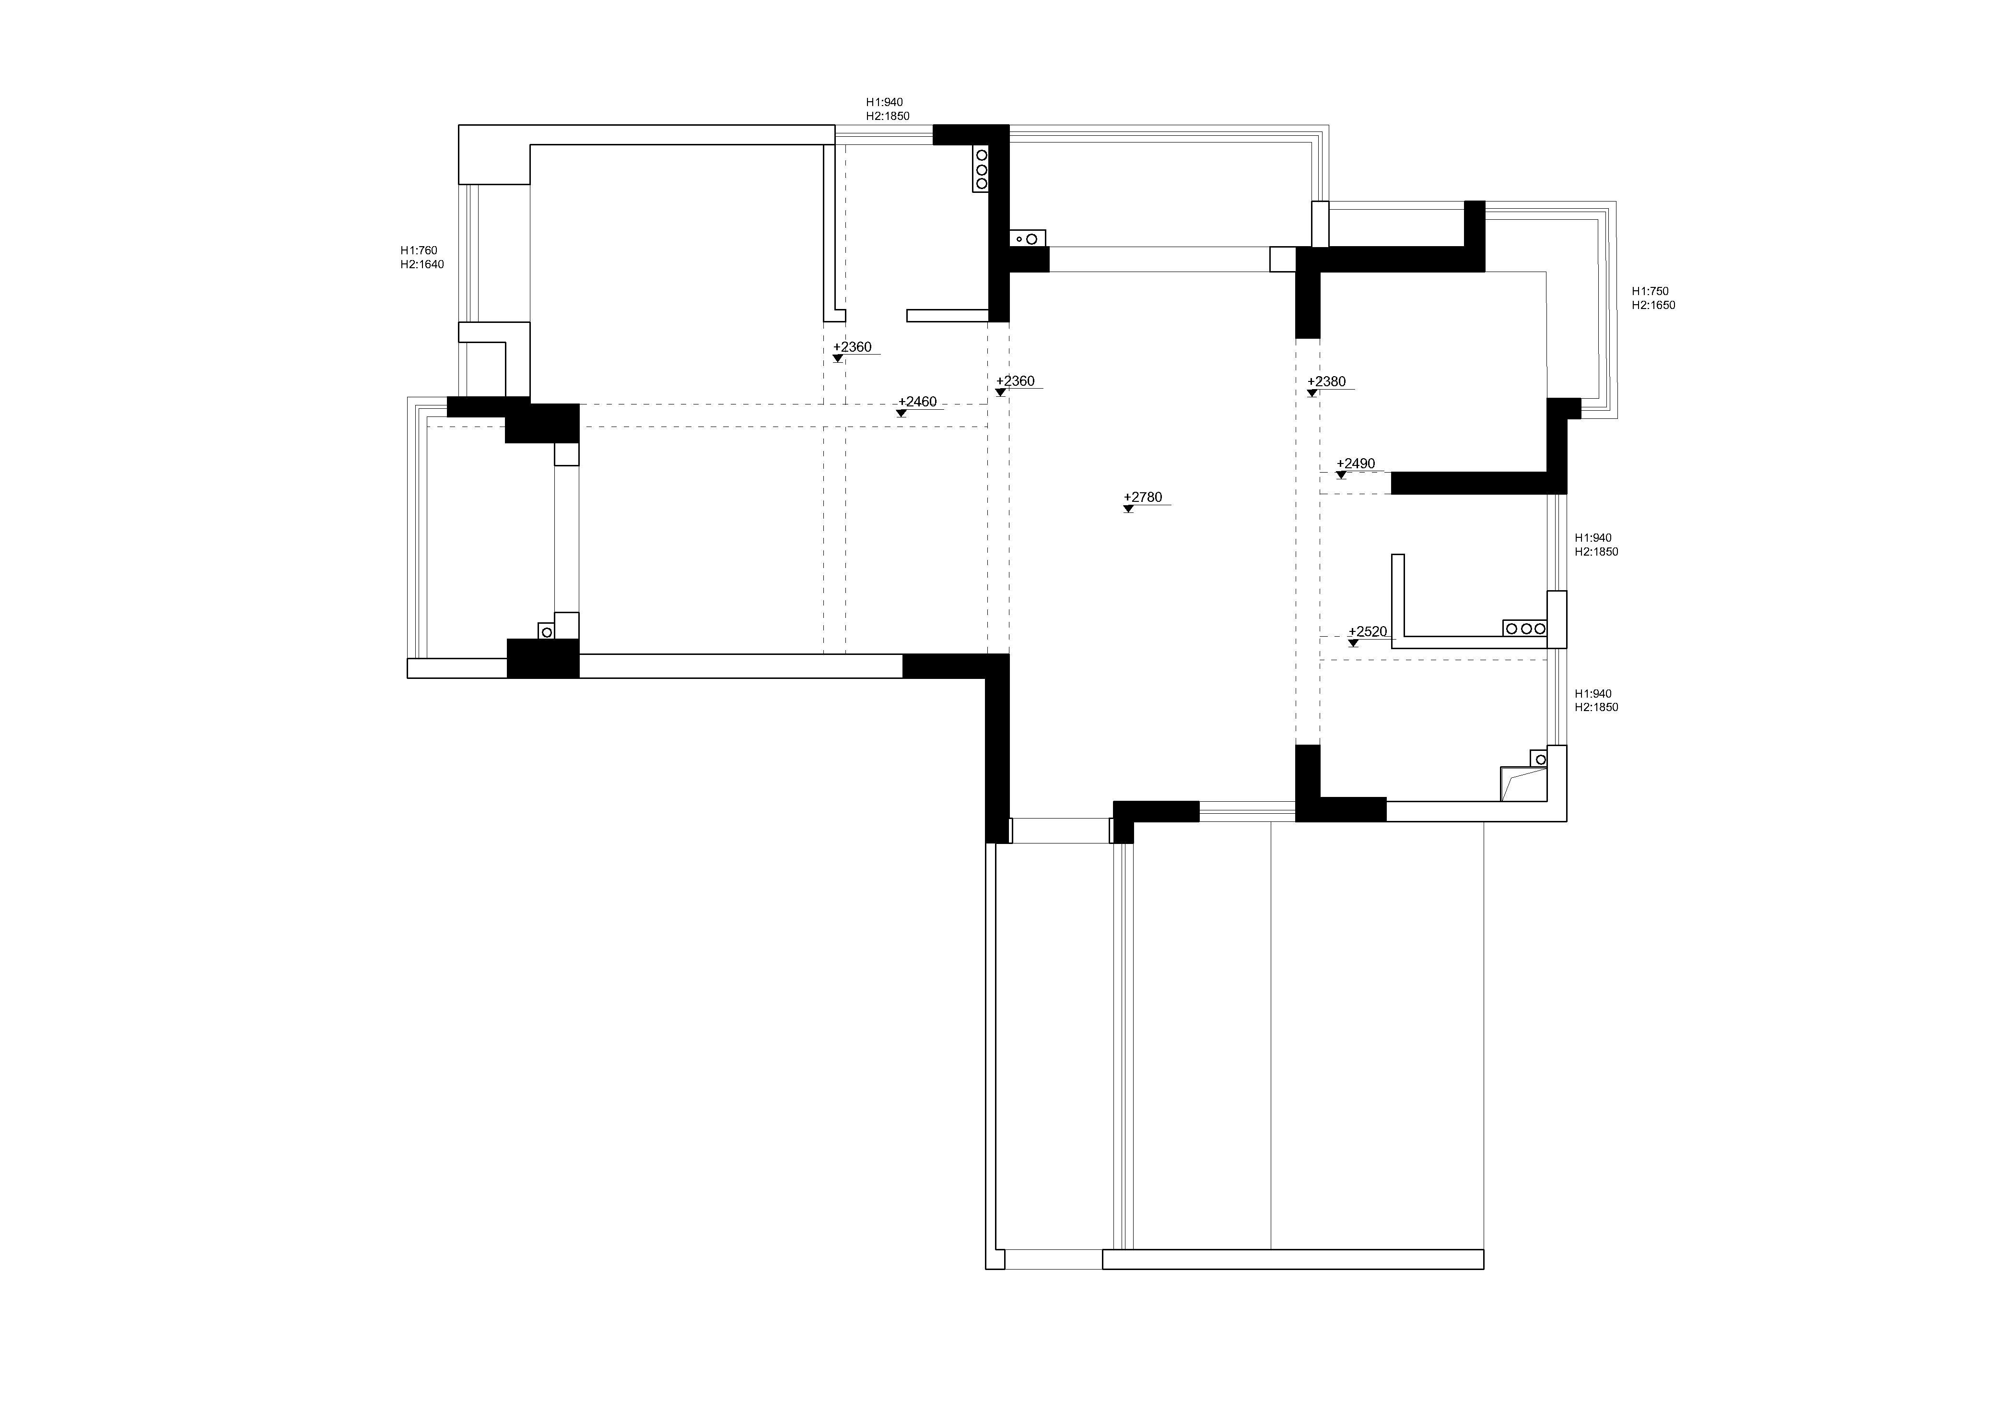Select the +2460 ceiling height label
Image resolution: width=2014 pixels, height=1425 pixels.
pyautogui.click(x=917, y=402)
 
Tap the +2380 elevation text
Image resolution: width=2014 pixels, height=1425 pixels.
pyautogui.click(x=1326, y=382)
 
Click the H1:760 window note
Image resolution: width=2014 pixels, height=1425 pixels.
pyautogui.click(x=419, y=250)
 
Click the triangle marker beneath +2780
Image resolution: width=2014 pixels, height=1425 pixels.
pyautogui.click(x=1129, y=509)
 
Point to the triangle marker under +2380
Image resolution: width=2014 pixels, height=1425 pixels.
pyautogui.click(x=1312, y=393)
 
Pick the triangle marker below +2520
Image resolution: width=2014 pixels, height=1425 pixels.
pyautogui.click(x=1354, y=643)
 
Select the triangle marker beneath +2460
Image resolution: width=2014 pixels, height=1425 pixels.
pyautogui.click(x=902, y=413)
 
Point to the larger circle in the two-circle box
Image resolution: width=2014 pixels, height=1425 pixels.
pyautogui.click(x=1031, y=238)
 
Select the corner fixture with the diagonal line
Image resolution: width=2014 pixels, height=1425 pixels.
pyautogui.click(x=1523, y=784)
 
